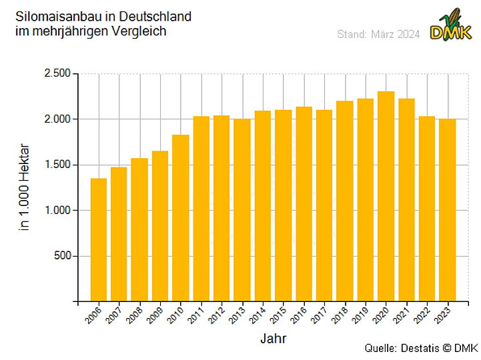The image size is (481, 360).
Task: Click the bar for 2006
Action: point(99,240)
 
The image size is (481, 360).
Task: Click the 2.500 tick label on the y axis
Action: point(57,73)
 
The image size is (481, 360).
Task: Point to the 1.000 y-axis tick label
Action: point(57,210)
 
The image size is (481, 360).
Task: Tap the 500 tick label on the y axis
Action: point(62,256)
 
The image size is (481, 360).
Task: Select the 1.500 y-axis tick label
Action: point(57,165)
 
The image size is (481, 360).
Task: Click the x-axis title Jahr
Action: point(273,339)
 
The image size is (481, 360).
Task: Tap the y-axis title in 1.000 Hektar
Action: point(25,187)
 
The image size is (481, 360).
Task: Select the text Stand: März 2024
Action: point(378,34)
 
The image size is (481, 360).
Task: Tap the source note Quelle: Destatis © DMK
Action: point(421,349)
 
